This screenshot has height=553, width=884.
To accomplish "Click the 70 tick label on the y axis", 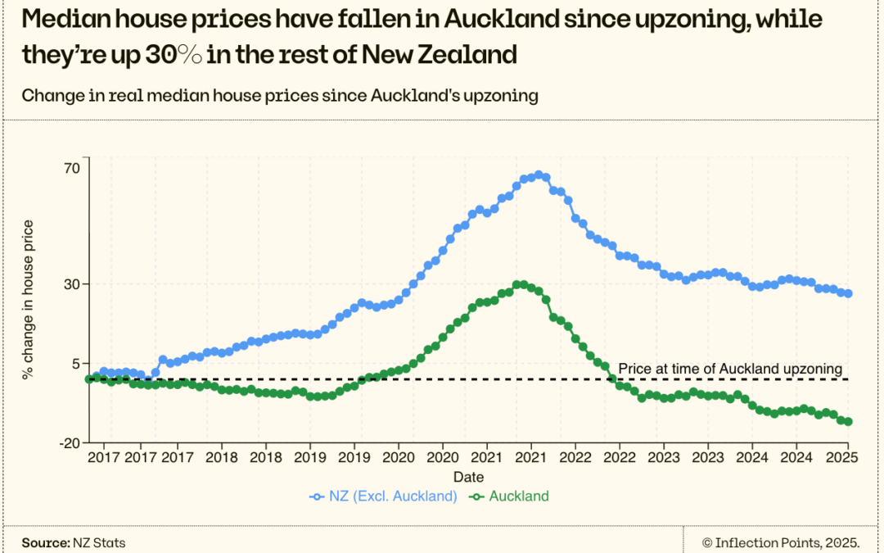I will click(71, 167).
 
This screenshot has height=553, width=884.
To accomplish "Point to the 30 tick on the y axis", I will click(71, 284).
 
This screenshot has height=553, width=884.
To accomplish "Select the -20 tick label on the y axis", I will click(69, 442).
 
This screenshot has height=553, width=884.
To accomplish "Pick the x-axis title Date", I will click(468, 477).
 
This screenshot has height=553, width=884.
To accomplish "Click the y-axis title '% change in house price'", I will click(29, 300).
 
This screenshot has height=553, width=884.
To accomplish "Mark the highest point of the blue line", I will click(539, 175).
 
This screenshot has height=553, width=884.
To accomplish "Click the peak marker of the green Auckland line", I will click(520, 284).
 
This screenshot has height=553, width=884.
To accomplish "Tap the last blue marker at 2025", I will click(848, 293).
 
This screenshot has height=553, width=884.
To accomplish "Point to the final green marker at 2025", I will click(848, 422).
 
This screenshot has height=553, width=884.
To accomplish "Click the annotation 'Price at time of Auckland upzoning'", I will click(729, 369).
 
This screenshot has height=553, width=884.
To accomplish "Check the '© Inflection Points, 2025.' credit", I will click(780, 542).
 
